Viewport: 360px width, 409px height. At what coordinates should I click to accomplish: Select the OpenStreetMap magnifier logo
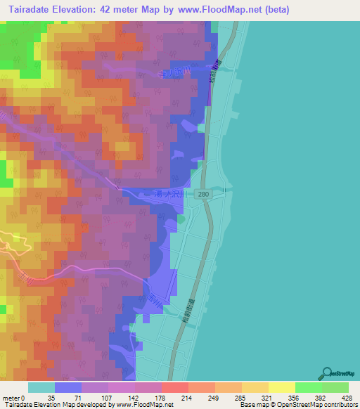click(328, 372)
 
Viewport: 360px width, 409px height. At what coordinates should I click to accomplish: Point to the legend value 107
click(108, 397)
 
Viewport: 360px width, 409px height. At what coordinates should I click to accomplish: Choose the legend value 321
click(268, 397)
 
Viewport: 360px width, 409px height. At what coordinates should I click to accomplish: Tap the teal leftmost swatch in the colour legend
click(41, 387)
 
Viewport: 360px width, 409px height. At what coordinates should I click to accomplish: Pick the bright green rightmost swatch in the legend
click(335, 387)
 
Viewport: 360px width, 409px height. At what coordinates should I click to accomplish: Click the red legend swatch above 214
click(174, 387)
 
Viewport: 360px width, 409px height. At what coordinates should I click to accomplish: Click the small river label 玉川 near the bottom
click(154, 298)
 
